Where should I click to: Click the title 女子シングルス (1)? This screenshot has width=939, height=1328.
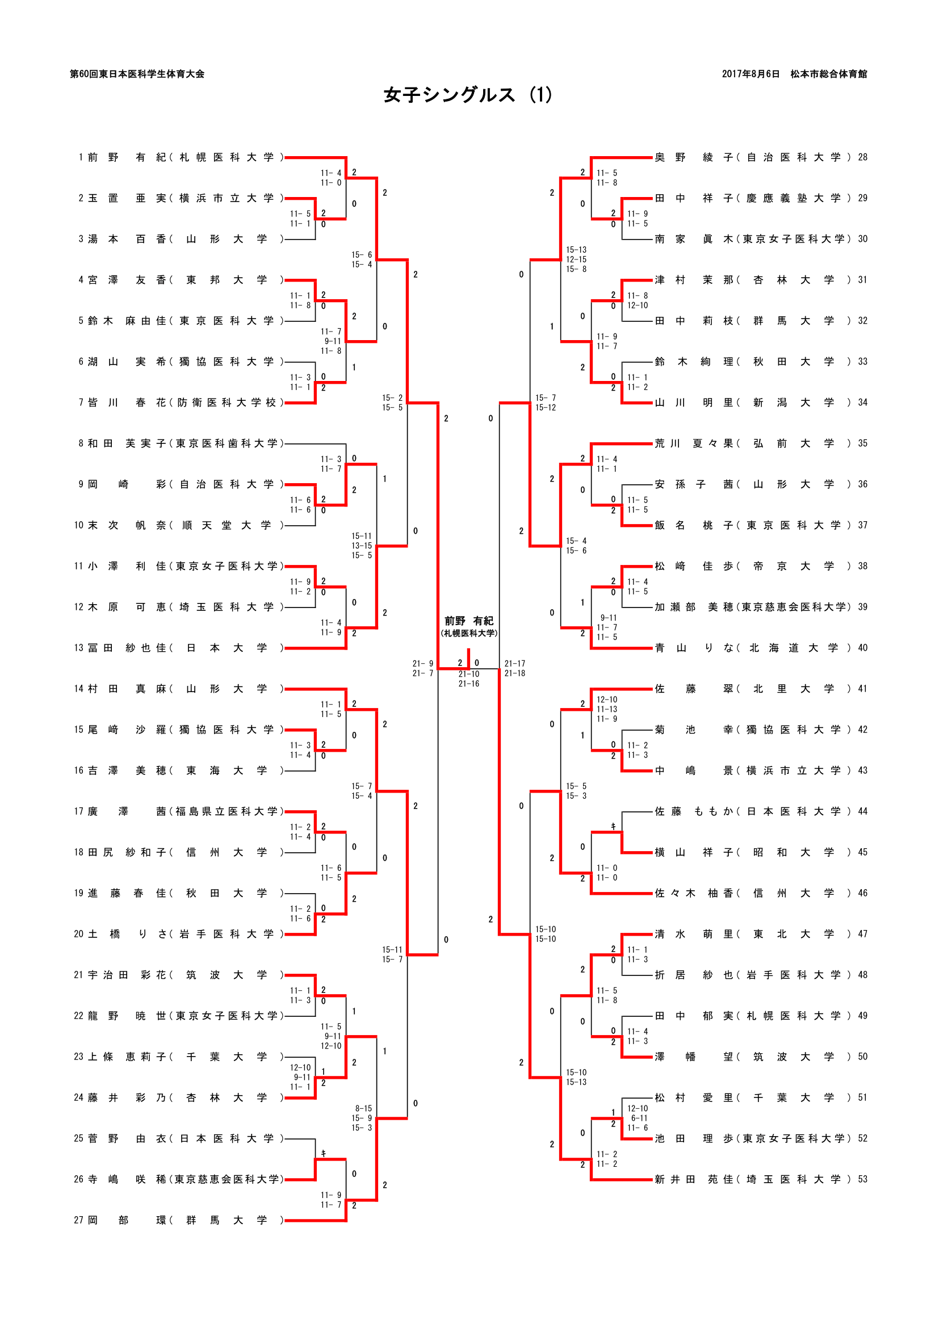click(x=468, y=95)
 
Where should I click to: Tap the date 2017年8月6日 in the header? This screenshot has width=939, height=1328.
click(x=750, y=74)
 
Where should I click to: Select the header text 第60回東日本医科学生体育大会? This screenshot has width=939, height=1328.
click(x=137, y=74)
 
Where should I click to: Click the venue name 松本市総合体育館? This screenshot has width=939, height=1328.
click(x=828, y=74)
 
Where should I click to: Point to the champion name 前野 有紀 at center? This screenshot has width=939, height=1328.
click(x=468, y=621)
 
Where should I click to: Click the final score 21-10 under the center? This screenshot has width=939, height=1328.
click(x=468, y=674)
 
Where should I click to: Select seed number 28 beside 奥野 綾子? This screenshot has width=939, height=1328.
click(x=862, y=157)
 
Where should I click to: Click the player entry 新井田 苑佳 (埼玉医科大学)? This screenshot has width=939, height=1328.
click(x=752, y=1179)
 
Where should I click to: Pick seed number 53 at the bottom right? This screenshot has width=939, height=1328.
click(x=862, y=1179)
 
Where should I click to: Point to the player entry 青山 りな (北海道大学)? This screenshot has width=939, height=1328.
click(x=752, y=648)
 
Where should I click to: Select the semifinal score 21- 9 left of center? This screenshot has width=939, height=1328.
click(x=423, y=663)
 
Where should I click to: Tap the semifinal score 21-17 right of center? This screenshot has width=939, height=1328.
click(x=514, y=663)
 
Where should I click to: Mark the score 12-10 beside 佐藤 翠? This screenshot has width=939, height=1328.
click(x=606, y=699)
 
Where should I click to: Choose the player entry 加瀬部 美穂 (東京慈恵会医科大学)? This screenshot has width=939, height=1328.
click(x=752, y=607)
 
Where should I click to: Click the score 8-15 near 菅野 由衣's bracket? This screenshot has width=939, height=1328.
click(x=363, y=1108)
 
